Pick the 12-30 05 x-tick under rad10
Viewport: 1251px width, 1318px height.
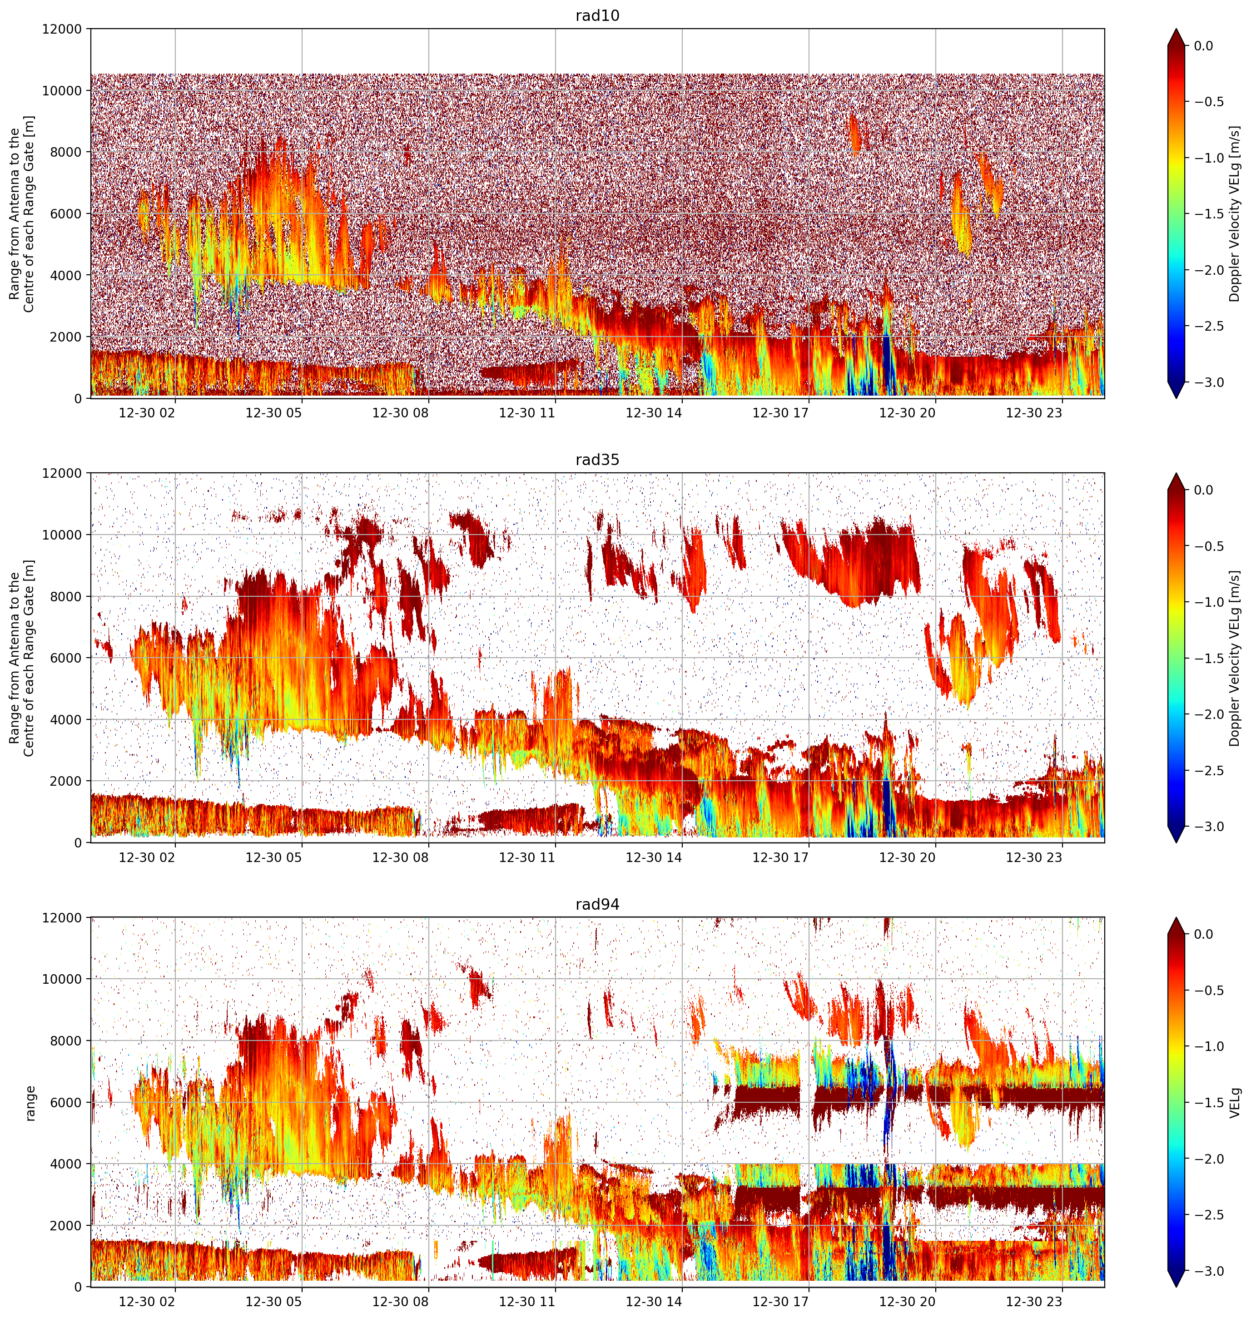pyautogui.click(x=274, y=413)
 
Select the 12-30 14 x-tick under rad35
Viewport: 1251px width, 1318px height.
pyautogui.click(x=654, y=857)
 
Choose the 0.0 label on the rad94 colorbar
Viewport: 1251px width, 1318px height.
pyautogui.click(x=1213, y=935)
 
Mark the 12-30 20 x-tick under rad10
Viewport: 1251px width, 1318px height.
pyautogui.click(x=908, y=413)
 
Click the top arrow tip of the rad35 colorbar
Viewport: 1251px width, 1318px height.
pyautogui.click(x=1177, y=473)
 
